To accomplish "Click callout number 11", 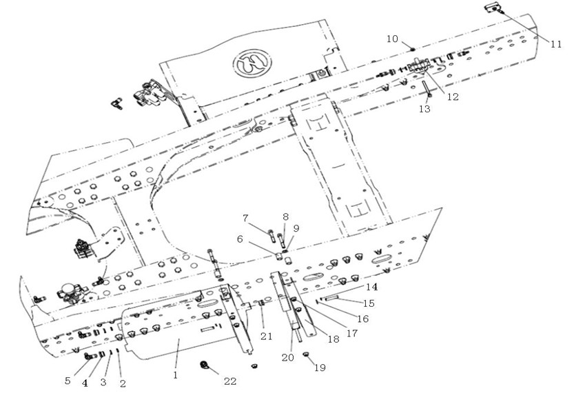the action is click(555, 44).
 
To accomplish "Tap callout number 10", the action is click(392, 39).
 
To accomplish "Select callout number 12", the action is click(453, 97).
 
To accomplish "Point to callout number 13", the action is click(424, 109).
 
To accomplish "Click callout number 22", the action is click(230, 381).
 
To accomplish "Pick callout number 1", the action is click(175, 375).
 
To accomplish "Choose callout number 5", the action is click(68, 381).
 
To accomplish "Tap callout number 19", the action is click(320, 368).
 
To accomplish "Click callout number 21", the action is click(267, 336).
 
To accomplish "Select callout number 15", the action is click(369, 303).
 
